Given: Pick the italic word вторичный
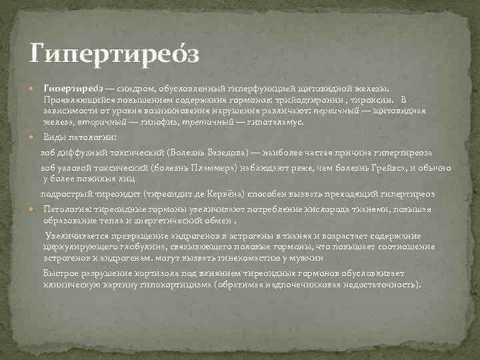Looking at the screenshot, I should tap(97, 122).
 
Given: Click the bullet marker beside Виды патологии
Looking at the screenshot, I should tap(33, 137).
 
